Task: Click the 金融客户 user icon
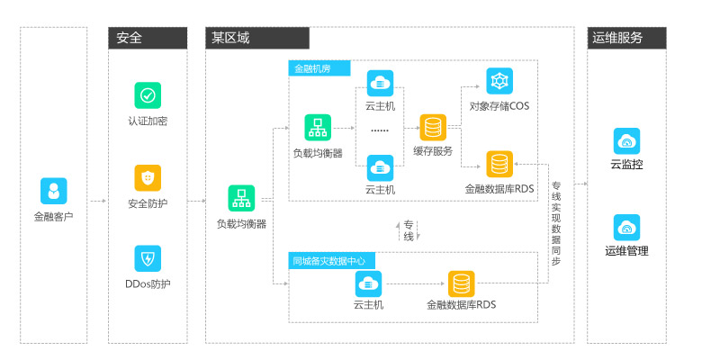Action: (x=53, y=191)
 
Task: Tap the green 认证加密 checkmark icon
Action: (x=148, y=95)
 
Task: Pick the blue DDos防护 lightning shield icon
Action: (x=148, y=259)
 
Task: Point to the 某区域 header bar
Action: (x=256, y=38)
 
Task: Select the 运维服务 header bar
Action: (x=626, y=38)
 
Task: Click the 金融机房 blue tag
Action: (x=319, y=68)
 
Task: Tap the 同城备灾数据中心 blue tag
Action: (x=333, y=261)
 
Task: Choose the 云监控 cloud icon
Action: (x=626, y=141)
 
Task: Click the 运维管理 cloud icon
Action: (x=626, y=227)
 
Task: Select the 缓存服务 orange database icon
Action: (x=433, y=127)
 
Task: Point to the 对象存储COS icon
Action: (x=499, y=81)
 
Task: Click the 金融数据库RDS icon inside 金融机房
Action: (x=499, y=164)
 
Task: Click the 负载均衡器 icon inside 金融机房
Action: (x=318, y=127)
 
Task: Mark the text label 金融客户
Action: (x=53, y=217)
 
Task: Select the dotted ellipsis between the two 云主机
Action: (x=380, y=130)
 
